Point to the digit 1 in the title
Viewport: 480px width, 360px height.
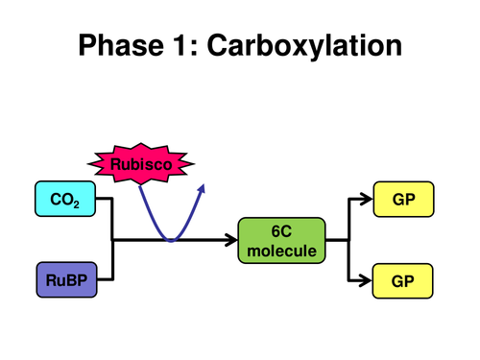[x=186, y=45]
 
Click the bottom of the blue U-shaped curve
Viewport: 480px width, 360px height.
[x=171, y=239]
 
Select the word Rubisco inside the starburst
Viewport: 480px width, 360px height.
[x=142, y=164]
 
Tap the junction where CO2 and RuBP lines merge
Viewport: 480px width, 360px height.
[x=113, y=240]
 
